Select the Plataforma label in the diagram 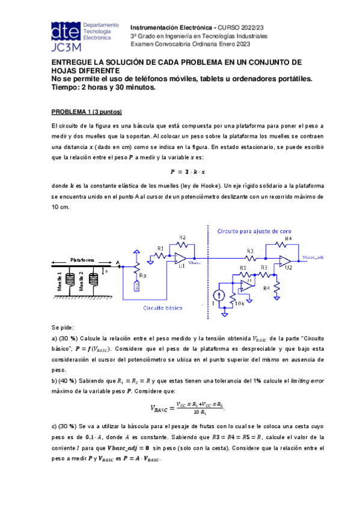click(82, 260)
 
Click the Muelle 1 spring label click(59, 281)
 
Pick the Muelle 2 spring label click(81, 281)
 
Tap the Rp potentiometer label click(142, 275)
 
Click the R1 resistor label click(160, 248)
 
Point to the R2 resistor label click(183, 237)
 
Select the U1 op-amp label click(182, 265)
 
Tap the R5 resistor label click(243, 268)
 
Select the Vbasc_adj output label click(313, 257)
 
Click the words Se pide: click(63, 328)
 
